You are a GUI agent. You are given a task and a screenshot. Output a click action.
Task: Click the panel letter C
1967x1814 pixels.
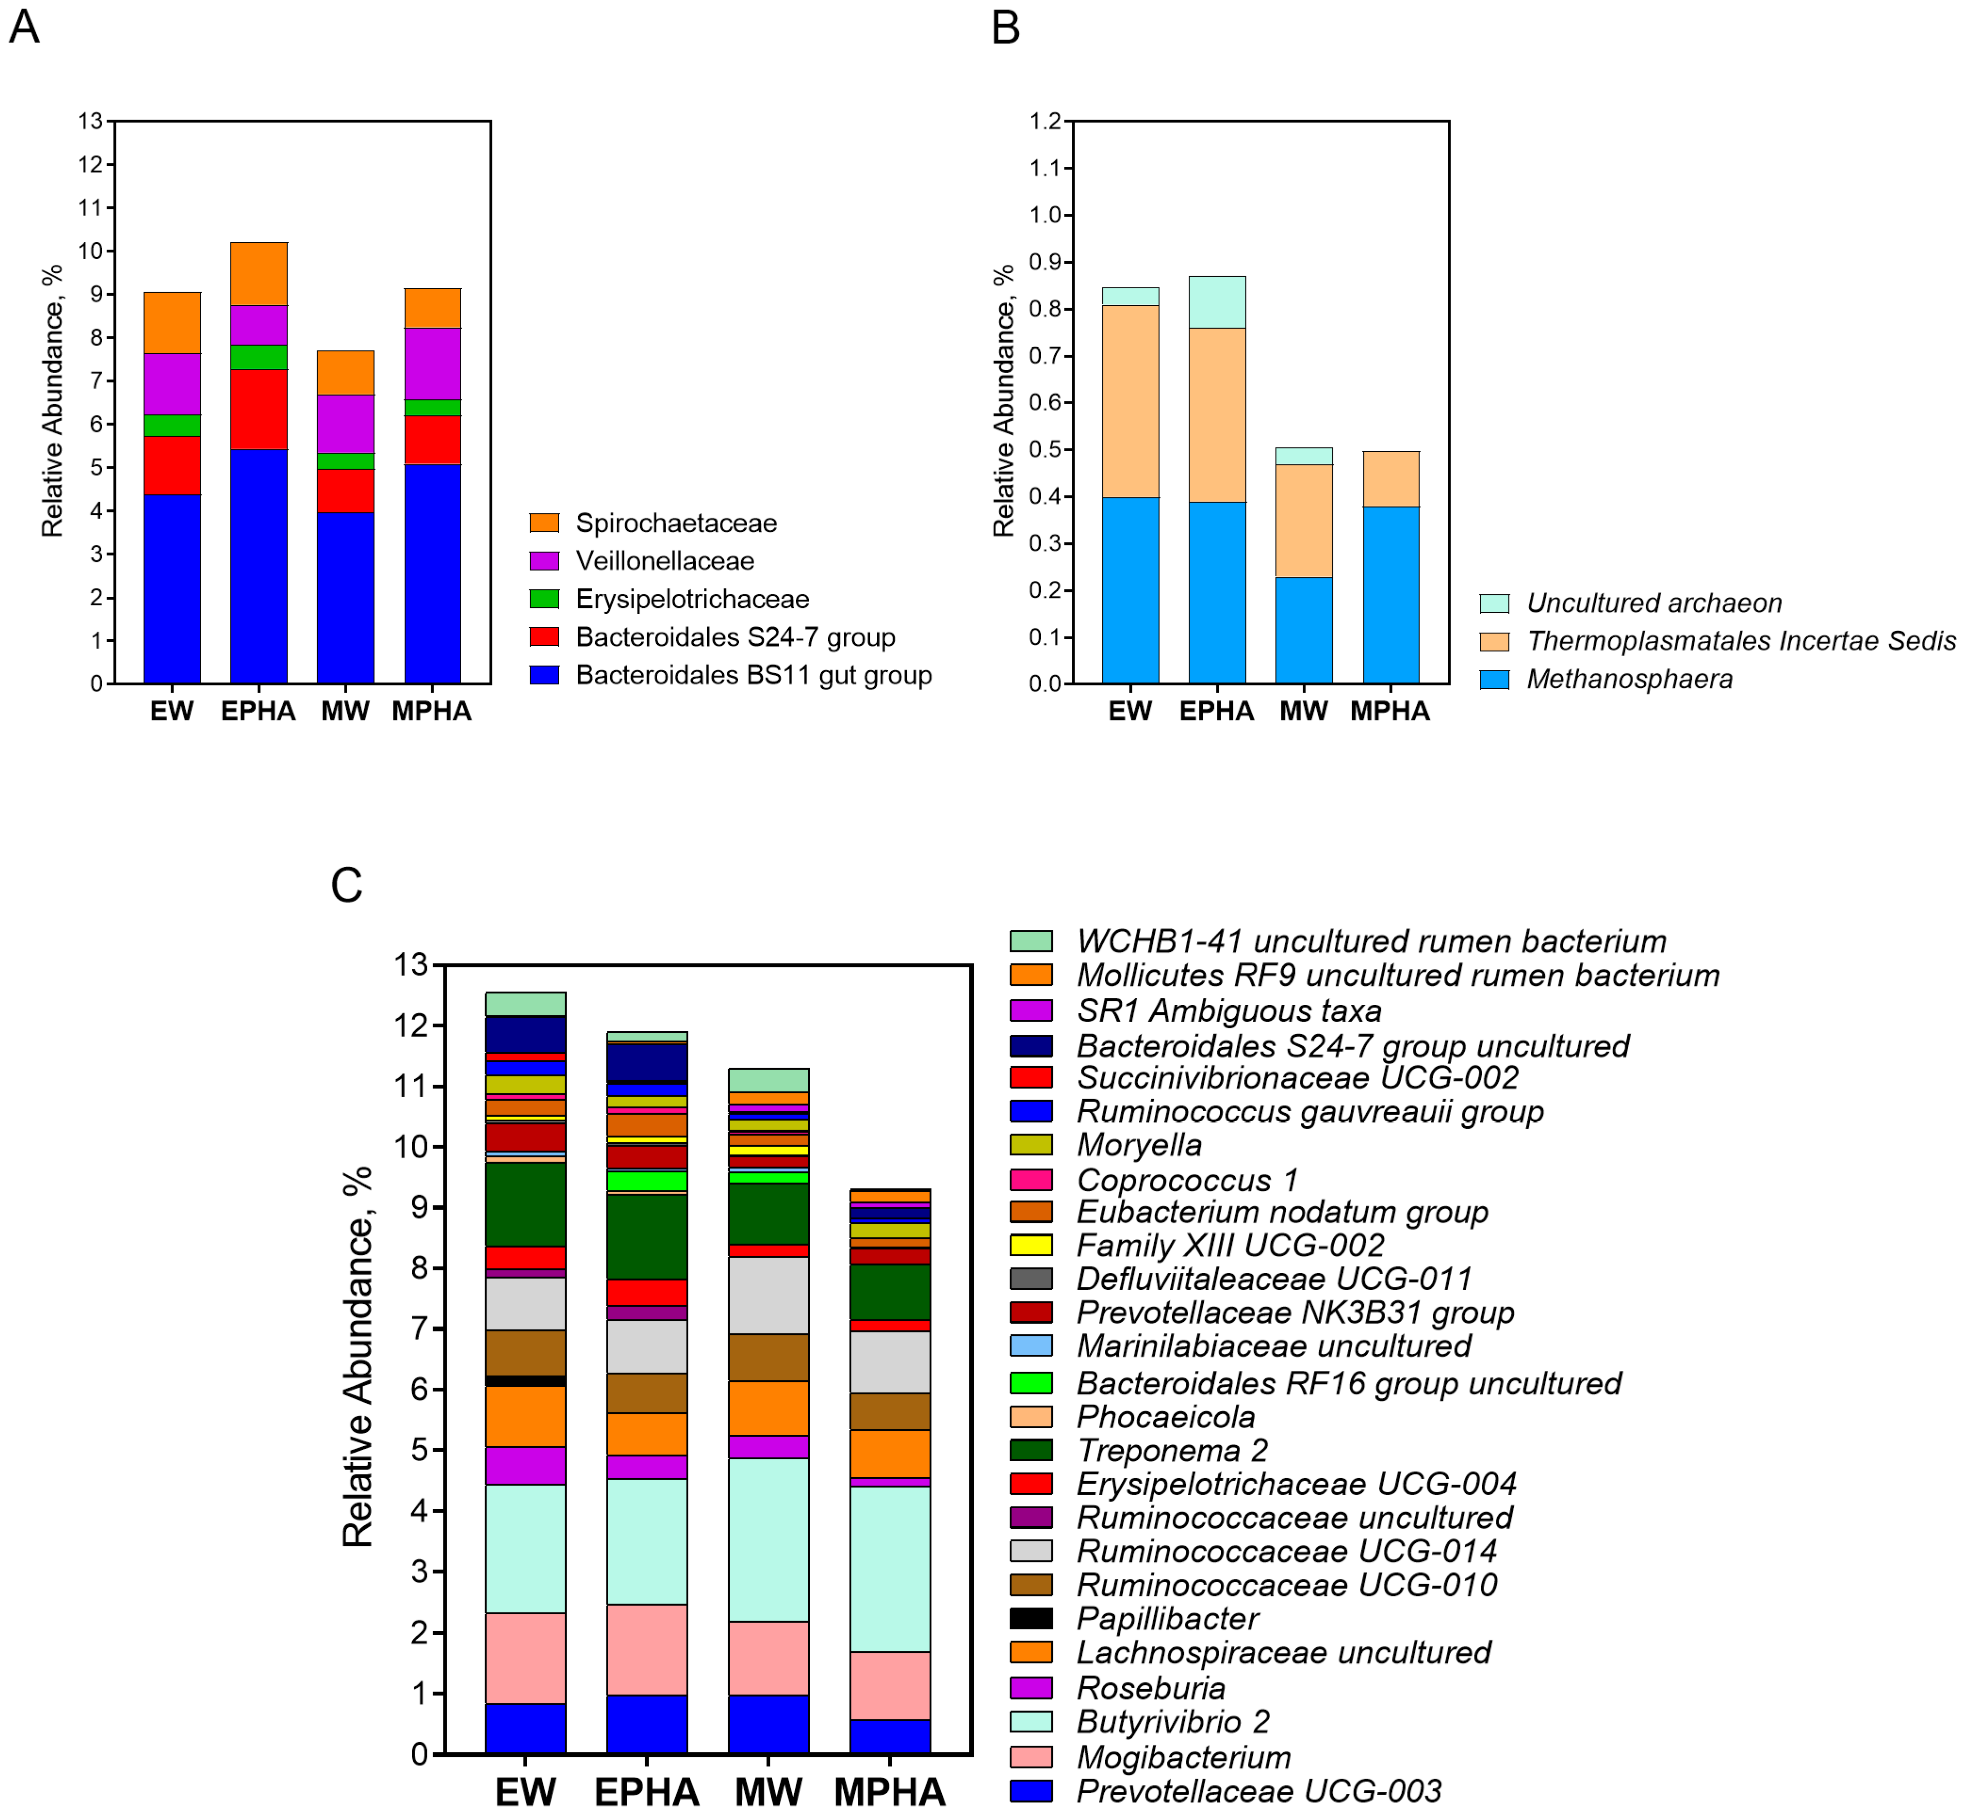pyautogui.click(x=346, y=886)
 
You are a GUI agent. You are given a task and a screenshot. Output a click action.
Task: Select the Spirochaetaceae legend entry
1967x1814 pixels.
pyautogui.click(x=675, y=523)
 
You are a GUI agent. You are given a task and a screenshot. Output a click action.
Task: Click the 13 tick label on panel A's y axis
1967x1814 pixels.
pyautogui.click(x=90, y=121)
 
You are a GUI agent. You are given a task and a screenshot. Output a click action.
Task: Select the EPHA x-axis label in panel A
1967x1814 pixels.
pyautogui.click(x=258, y=712)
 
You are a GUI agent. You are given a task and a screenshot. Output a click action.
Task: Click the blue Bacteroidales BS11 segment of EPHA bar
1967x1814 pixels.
pyautogui.click(x=259, y=566)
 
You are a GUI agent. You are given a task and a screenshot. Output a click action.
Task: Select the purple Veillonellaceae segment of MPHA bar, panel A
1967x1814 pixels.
pyautogui.click(x=433, y=364)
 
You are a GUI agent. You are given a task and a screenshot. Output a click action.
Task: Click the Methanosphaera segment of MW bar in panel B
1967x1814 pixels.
pyautogui.click(x=1304, y=630)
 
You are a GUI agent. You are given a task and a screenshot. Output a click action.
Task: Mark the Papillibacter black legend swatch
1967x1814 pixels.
pyautogui.click(x=1031, y=1619)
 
